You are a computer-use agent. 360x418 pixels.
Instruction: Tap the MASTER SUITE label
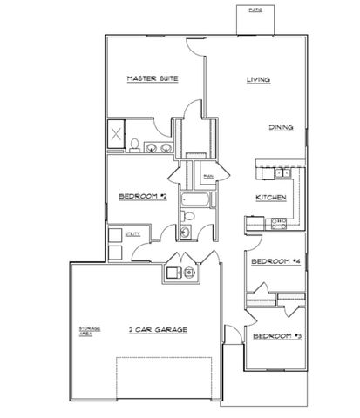153,78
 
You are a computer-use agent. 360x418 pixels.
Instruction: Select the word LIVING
258,80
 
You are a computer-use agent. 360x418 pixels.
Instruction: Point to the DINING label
280,127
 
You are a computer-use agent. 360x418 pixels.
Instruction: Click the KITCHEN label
271,198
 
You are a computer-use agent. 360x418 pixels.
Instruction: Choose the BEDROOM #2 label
142,196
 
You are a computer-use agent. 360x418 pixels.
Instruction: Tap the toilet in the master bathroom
138,145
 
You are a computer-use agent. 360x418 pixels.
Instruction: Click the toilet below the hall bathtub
186,233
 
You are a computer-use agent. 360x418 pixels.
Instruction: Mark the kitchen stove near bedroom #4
278,224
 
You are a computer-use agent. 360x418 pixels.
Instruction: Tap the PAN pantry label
208,177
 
